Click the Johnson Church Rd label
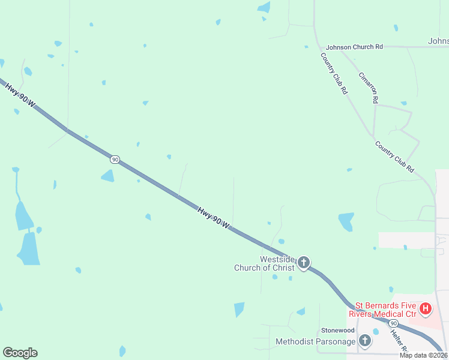tap(354, 47)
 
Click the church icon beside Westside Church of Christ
tap(304, 263)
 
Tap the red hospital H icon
tap(426, 309)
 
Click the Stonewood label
tap(338, 331)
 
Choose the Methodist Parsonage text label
tap(315, 342)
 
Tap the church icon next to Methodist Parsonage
tap(364, 341)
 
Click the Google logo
tap(20, 353)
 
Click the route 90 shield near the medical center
tap(393, 323)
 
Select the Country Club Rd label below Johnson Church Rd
tap(334, 73)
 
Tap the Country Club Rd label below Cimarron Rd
tap(394, 157)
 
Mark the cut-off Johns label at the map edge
tap(438, 41)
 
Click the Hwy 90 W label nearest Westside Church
tap(214, 217)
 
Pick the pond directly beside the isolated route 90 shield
tap(108, 176)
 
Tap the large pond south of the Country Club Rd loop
tap(346, 221)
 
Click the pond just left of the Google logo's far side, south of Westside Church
tap(240, 310)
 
